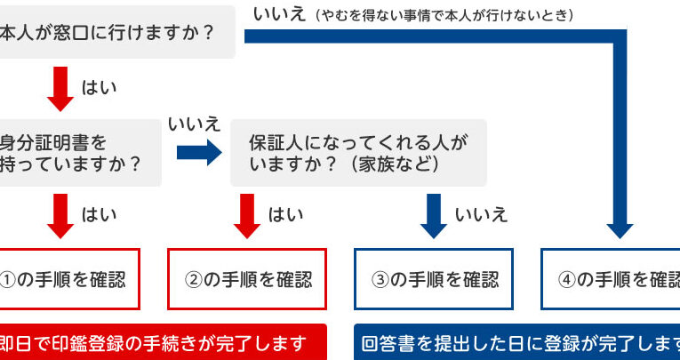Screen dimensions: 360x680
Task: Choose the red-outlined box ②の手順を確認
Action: (x=248, y=279)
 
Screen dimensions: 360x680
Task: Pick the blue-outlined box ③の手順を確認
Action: (x=435, y=279)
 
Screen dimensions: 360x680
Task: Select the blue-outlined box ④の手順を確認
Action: (x=613, y=279)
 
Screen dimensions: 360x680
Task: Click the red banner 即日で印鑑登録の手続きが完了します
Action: (x=160, y=343)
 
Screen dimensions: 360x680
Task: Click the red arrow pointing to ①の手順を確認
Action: (x=60, y=216)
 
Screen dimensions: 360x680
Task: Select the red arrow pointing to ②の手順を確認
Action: (x=246, y=216)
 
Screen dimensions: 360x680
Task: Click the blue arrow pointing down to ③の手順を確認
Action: (x=433, y=216)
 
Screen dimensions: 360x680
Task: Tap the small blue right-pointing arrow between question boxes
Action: (x=198, y=152)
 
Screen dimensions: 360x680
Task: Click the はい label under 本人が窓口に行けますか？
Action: (x=99, y=88)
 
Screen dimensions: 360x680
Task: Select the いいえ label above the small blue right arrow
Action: (x=195, y=124)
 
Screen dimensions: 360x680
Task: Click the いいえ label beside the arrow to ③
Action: (x=481, y=214)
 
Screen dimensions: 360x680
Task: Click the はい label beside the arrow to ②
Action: (x=285, y=214)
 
